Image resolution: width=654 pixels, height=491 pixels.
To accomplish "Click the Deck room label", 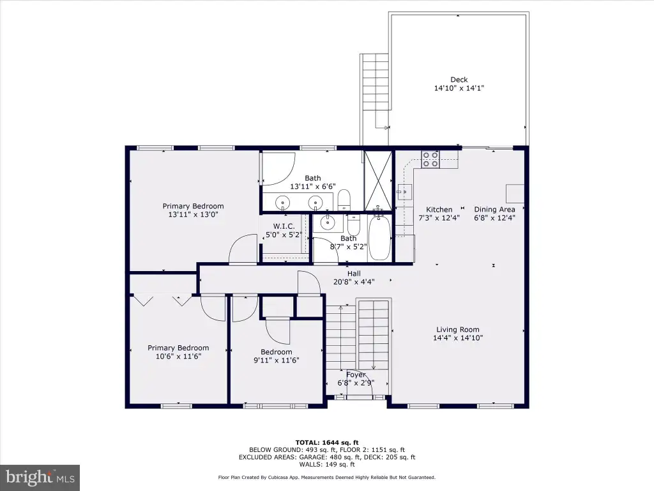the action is coord(459,79).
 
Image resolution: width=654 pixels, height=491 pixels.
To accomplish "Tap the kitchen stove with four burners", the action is coord(430,159).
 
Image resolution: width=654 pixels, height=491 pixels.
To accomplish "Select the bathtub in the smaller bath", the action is coord(379,237).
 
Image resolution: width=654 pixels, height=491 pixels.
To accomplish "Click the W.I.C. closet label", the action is coord(284,226).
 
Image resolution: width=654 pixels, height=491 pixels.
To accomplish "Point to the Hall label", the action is coord(354,274).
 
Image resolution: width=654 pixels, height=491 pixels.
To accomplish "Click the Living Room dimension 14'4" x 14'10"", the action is coord(458,338).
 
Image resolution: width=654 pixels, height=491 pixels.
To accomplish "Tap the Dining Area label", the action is coord(495,209).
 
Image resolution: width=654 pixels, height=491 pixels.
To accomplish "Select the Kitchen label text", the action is coord(439,209).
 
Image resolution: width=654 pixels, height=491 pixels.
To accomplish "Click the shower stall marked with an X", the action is coord(378,180).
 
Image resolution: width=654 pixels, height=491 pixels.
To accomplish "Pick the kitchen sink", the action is coord(404,192).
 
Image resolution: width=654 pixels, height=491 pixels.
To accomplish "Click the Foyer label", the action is coord(356,375).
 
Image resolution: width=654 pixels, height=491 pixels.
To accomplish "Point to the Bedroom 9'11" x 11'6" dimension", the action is coord(277,361).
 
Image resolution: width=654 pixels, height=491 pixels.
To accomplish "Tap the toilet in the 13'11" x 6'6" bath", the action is coord(344,199).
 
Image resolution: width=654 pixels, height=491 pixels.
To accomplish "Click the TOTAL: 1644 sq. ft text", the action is coord(327,442).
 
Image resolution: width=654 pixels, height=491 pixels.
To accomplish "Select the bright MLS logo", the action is coord(40,478).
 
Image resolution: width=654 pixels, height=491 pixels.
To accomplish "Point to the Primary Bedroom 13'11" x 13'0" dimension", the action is coord(193,215).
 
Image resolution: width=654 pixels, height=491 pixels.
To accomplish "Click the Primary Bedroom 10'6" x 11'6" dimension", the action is coord(179,356).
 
